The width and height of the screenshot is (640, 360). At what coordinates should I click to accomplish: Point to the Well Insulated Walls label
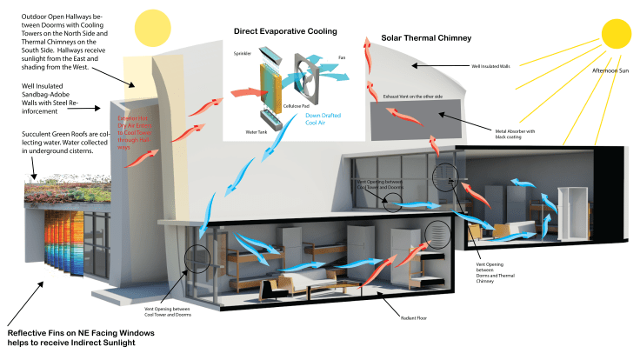tap(489, 65)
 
